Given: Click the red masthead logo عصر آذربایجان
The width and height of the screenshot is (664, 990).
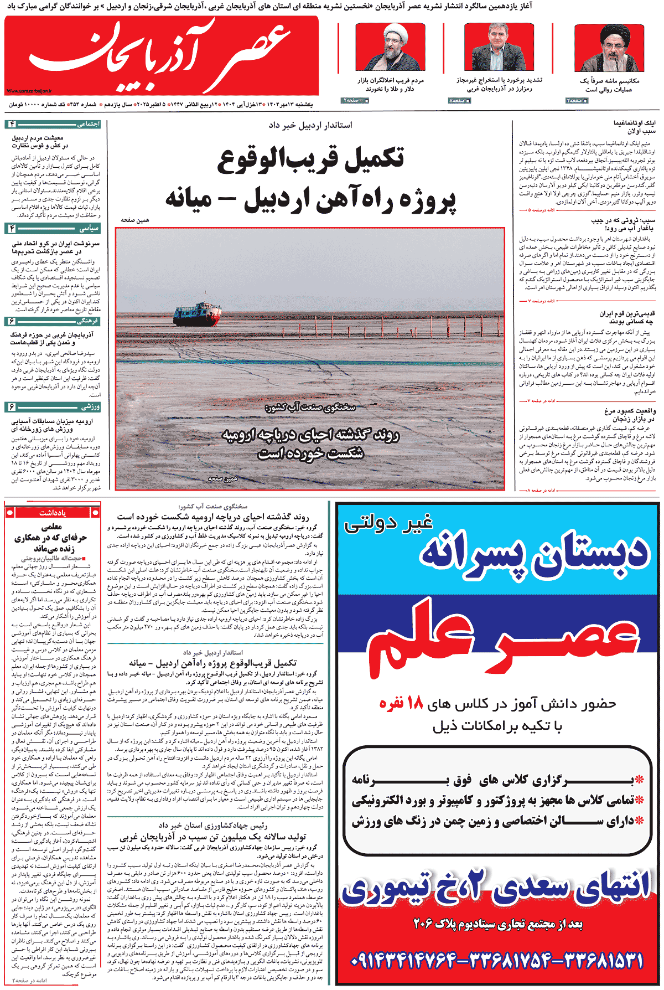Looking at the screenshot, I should (160, 55).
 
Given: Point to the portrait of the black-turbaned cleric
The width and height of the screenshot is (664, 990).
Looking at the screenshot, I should (609, 49).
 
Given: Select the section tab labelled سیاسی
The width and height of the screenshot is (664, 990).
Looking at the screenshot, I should (89, 228).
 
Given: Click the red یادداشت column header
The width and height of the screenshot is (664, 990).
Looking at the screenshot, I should (53, 513).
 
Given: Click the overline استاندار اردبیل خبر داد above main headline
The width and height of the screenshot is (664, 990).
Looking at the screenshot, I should (310, 125).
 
